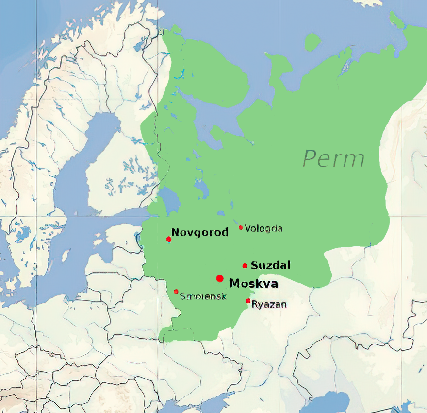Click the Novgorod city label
199,233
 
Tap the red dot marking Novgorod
169,239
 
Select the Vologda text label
263,228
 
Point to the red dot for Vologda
241,227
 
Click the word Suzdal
270,265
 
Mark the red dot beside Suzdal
245,266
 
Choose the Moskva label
253,283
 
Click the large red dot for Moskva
220,278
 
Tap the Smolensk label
203,296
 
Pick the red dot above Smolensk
176,292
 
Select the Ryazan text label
269,305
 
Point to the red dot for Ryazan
248,301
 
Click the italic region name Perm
334,159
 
